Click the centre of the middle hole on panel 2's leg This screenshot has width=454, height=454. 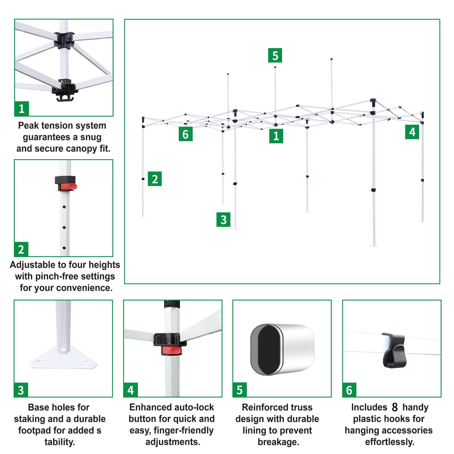coord(64,227)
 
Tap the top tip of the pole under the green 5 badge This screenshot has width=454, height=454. coord(275,67)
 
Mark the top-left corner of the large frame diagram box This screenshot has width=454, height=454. coord(125,19)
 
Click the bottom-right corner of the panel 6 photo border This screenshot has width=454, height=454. coord(441,397)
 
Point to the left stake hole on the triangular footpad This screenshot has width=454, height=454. coord(39,362)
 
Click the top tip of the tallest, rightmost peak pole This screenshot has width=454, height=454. coord(331,59)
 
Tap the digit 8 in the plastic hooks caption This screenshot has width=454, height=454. coord(395,407)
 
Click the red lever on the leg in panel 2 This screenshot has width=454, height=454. coord(68,187)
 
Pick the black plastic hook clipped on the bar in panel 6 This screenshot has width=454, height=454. coord(394,350)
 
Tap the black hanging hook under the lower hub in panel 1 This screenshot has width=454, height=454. coord(65,98)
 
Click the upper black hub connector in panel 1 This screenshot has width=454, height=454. coord(64,40)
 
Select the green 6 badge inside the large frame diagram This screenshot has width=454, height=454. coord(186,134)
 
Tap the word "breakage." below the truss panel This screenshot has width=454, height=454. coord(278,442)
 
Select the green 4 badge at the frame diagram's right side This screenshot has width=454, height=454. coord(412,132)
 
